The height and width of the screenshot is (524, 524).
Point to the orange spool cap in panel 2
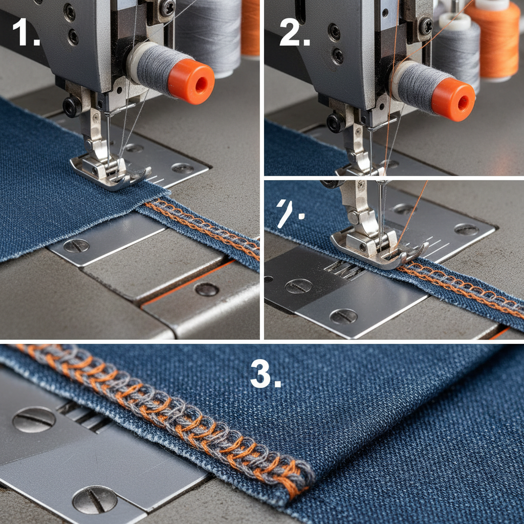coord(453,99)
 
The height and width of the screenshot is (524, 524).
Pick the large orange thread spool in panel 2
coord(492,38)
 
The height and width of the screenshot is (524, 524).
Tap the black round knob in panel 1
coord(72,106)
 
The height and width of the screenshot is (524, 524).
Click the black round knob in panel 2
coord(336,122)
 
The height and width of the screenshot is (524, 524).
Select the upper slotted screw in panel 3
coord(34,420)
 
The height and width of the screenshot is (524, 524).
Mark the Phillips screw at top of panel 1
coord(167,8)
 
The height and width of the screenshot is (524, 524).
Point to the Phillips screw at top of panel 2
coord(425,26)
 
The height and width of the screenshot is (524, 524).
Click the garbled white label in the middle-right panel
coord(285,212)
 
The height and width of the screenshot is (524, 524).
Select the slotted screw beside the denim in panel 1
coord(76,246)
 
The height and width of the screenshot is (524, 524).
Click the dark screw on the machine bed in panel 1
coord(207,289)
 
